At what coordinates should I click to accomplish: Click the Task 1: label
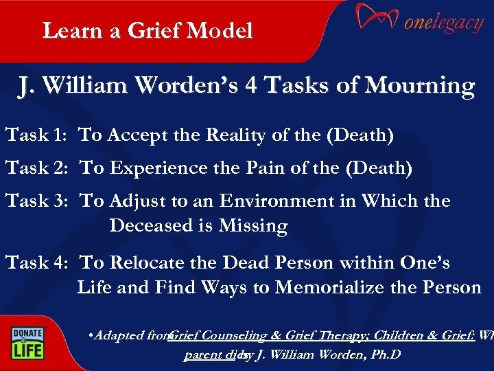(36, 135)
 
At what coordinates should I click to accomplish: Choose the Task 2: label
(36, 168)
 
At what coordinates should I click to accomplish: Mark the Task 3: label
(36, 201)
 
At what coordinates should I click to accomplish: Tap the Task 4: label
(36, 262)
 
